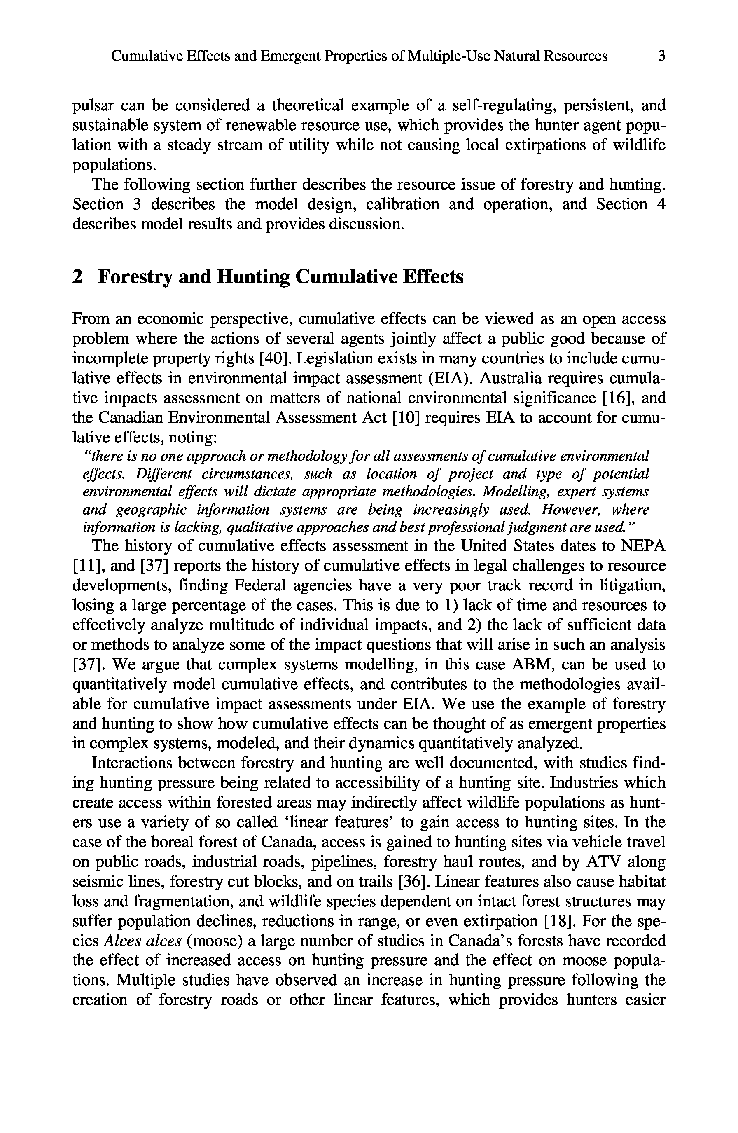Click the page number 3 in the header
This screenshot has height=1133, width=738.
tap(661, 57)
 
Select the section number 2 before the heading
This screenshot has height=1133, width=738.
tap(77, 277)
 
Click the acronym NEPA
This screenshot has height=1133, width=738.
tap(644, 546)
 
